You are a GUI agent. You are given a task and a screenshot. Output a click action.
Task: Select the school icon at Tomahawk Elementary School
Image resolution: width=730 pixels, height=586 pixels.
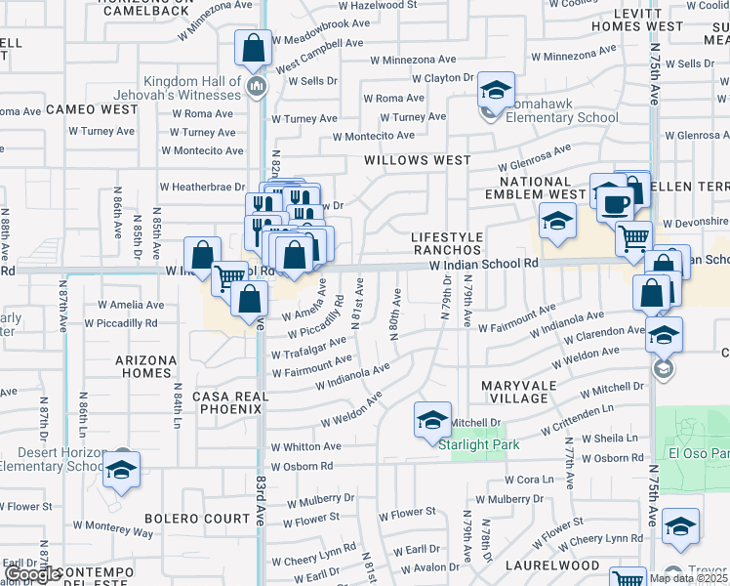click(x=496, y=91)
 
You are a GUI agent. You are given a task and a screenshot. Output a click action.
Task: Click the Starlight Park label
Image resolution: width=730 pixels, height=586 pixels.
click(x=478, y=444)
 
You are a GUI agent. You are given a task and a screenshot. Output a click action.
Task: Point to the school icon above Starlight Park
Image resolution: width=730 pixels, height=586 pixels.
click(x=432, y=419)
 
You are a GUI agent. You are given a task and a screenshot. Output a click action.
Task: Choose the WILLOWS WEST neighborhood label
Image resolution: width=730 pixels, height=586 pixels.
click(x=417, y=159)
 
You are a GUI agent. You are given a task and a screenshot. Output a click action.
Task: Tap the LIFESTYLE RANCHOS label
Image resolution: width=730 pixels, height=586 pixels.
click(x=446, y=243)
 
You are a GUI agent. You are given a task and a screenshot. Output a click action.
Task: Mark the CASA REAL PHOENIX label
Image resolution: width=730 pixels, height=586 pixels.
click(x=228, y=402)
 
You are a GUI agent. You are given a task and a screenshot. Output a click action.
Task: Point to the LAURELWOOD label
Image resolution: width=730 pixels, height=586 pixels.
click(x=551, y=565)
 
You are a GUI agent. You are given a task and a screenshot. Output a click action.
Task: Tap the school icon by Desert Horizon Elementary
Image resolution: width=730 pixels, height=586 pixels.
click(x=122, y=469)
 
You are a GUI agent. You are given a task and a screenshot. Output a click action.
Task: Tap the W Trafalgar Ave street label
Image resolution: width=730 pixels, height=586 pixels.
click(x=309, y=349)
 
